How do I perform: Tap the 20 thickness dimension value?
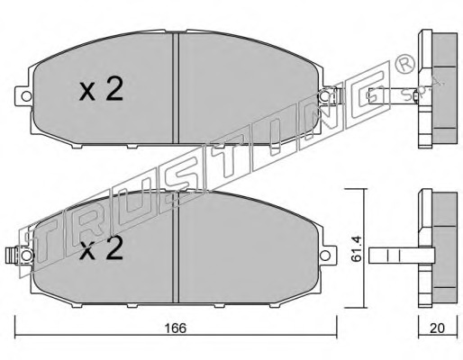[x=437, y=328]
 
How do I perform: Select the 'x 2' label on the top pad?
[x=101, y=89]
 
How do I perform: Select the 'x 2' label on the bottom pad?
[x=101, y=247]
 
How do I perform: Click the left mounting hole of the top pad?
[x=26, y=96]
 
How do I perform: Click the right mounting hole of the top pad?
[x=324, y=96]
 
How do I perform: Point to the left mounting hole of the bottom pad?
[x=26, y=256]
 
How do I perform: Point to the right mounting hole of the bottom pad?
[x=324, y=256]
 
